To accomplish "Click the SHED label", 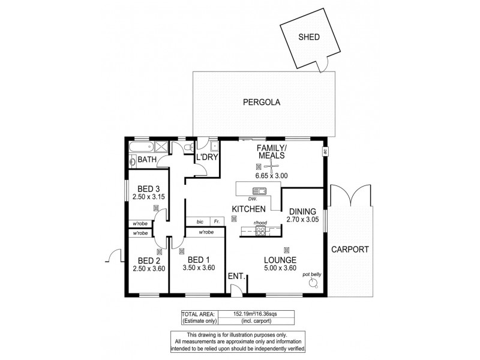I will click(x=309, y=37).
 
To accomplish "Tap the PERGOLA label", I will click(x=262, y=102).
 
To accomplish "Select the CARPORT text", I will click(x=350, y=249).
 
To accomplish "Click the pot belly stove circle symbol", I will click(x=312, y=285).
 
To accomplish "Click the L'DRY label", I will click(x=206, y=157).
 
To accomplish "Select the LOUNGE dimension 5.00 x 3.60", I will click(x=281, y=269).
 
